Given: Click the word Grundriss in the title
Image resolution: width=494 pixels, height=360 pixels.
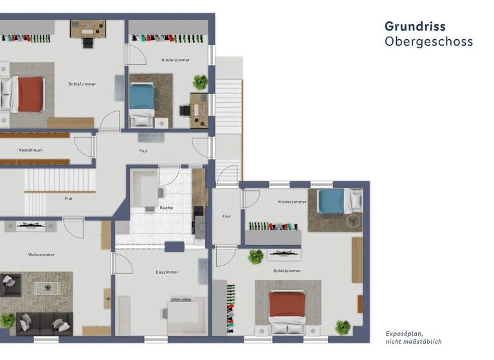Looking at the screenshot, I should (414, 26).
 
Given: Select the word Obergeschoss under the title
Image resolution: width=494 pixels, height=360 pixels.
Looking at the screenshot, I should (428, 42).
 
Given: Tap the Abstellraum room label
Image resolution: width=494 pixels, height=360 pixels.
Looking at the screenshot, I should (30, 150).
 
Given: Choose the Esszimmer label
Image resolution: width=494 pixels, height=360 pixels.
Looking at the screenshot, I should (167, 272).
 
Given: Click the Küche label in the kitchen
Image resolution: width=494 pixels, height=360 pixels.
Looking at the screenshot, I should (167, 208).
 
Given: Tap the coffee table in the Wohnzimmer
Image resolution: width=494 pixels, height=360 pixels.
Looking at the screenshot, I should (46, 287).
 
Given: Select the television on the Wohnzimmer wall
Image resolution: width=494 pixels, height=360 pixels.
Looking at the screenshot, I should (30, 226).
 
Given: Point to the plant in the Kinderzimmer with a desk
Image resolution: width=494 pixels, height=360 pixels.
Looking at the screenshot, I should (201, 82).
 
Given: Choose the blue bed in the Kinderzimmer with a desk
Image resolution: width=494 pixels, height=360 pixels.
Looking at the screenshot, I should (142, 97).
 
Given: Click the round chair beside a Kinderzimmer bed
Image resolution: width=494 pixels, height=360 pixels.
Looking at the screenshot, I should (352, 220).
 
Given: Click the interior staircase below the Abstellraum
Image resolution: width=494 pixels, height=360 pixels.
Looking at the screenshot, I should (59, 179).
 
